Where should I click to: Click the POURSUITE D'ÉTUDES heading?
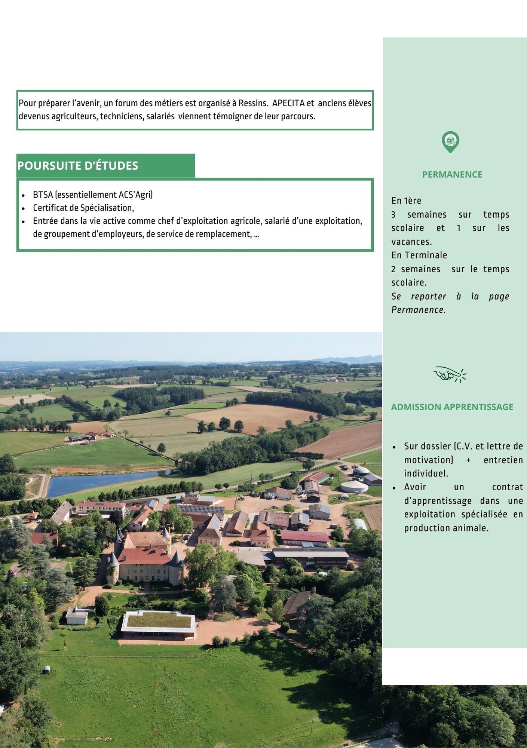(x=78, y=166)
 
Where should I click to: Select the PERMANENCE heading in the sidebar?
(x=452, y=174)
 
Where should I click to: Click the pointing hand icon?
(x=450, y=374)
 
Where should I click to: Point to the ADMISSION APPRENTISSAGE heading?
(x=452, y=407)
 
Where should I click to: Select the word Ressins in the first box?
(x=253, y=103)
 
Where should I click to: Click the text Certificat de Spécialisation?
(x=83, y=208)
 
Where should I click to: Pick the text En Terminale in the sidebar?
(x=419, y=255)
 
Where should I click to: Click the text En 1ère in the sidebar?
(x=406, y=201)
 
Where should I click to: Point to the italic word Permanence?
(x=418, y=310)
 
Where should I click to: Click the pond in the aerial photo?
(x=105, y=482)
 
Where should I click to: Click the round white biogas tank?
(x=354, y=486)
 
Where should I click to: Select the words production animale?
(x=446, y=528)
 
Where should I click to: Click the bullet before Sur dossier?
(x=394, y=447)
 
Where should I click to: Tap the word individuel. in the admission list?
(x=426, y=473)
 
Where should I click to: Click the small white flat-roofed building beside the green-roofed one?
(x=77, y=615)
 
